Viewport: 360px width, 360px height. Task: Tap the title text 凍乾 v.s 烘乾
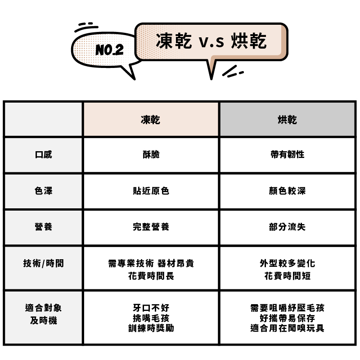click(211, 41)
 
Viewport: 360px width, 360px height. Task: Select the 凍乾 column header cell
click(151, 120)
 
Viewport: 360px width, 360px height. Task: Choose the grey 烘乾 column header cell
click(287, 120)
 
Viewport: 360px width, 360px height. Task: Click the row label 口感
click(43, 155)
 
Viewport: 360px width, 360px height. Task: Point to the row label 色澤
click(43, 191)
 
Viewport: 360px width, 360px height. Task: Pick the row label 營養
click(43, 227)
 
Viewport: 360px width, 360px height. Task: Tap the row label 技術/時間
click(43, 263)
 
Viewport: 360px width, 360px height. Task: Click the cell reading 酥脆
click(151, 155)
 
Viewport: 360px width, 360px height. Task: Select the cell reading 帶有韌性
click(287, 155)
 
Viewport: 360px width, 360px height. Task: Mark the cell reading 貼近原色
click(151, 191)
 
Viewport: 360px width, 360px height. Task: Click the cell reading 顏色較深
click(287, 191)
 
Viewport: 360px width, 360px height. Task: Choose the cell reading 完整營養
click(151, 227)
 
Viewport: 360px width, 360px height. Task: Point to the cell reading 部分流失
click(287, 227)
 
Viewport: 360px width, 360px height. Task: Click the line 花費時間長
click(151, 276)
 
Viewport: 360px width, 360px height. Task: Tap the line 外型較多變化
click(287, 263)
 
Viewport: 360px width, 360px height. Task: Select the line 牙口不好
click(151, 308)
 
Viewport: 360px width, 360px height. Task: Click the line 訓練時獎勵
click(151, 328)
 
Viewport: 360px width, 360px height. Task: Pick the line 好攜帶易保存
click(287, 318)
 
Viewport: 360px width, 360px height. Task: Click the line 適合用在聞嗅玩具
click(287, 328)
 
